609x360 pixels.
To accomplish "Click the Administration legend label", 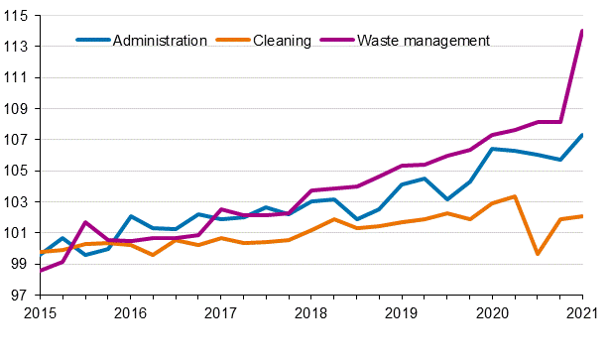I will tap(160, 41).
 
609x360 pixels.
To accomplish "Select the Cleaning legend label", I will tap(283, 41).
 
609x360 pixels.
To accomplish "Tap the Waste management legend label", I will tap(424, 41).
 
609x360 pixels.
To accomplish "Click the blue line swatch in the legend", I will tap(93, 41).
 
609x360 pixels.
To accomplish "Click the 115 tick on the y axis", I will tap(17, 16).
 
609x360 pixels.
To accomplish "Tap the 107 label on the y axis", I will tap(17, 140).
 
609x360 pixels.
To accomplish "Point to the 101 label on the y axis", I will tap(17, 233).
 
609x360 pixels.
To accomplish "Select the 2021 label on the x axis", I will tap(581, 313).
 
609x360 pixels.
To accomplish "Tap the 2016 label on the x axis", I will tap(131, 313).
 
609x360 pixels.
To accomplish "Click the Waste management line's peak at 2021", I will tap(581, 31).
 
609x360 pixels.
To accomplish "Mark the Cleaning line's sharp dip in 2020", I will tap(537, 254).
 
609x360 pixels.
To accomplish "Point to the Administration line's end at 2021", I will tap(581, 135).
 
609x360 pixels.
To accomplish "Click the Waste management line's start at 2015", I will tap(41, 270).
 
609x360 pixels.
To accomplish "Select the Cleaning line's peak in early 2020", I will tap(515, 196).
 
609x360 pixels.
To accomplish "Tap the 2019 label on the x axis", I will tap(401, 313).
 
